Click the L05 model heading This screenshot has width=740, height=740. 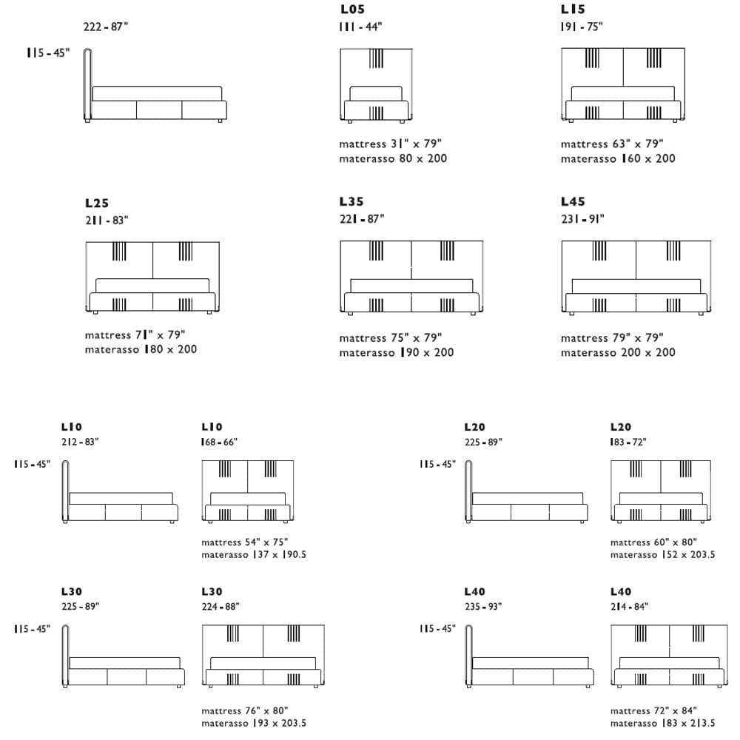(351, 10)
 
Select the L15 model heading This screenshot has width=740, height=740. (573, 10)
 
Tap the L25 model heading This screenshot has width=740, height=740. (97, 203)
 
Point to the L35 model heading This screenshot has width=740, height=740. (351, 201)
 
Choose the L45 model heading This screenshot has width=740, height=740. (573, 201)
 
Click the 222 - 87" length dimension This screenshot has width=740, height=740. (107, 27)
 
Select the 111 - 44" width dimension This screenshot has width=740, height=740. (361, 27)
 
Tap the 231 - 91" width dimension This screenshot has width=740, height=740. (582, 219)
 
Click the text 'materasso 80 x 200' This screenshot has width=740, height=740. (393, 158)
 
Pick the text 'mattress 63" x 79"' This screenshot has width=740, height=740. (612, 144)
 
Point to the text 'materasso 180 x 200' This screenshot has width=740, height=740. (141, 349)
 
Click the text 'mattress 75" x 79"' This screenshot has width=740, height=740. (391, 338)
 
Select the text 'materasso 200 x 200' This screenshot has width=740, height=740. (618, 353)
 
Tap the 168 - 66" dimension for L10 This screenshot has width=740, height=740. (219, 443)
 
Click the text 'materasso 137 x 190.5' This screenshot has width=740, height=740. (254, 554)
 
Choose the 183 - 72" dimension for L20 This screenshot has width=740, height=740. (628, 443)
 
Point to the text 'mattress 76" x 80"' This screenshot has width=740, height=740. (244, 711)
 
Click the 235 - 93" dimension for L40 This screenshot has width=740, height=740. (482, 607)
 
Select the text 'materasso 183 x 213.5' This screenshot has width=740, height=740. (663, 723)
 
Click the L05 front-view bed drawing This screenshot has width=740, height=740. (376, 84)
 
